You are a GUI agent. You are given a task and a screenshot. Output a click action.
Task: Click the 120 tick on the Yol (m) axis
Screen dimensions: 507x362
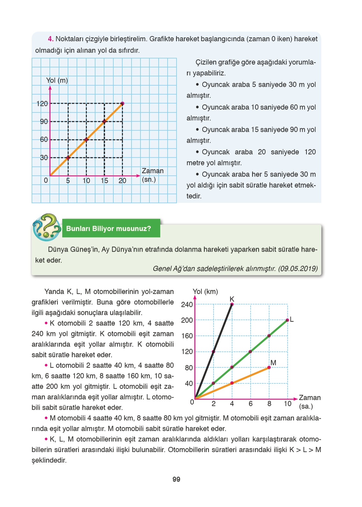[x=42, y=103]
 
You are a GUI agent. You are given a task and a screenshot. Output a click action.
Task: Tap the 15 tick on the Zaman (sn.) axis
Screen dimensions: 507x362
[x=104, y=181]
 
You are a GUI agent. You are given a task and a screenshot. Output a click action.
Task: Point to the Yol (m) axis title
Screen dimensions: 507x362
[x=57, y=80]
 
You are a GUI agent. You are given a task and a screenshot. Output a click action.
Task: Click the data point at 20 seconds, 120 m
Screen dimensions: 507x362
[x=123, y=103]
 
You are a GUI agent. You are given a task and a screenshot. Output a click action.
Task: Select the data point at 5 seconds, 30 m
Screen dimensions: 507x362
[x=68, y=157]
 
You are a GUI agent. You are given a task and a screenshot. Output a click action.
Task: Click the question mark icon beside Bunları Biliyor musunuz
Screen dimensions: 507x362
[x=47, y=227]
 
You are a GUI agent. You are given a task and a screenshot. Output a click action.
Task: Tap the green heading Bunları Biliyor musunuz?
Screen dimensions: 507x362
[x=109, y=229]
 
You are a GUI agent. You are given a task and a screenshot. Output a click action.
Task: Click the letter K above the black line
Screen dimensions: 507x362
[x=232, y=299]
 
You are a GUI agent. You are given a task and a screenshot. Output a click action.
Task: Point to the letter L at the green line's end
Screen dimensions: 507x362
[x=291, y=320]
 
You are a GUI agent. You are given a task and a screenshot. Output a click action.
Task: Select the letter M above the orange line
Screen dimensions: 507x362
[x=273, y=363]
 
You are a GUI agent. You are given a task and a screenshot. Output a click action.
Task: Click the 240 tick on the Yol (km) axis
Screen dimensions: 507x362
[x=187, y=305]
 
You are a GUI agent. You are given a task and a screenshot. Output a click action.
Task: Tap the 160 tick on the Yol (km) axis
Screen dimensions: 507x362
[x=187, y=336]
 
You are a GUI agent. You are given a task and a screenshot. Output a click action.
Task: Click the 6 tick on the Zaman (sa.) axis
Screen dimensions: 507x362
[x=251, y=404]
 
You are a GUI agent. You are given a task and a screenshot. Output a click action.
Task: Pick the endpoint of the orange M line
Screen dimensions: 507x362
[x=269, y=367]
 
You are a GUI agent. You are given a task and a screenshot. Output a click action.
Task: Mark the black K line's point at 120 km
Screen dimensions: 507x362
[x=214, y=352]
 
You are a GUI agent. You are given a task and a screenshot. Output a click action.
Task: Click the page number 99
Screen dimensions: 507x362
[x=176, y=479]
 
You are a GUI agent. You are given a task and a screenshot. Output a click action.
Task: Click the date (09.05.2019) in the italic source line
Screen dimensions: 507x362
[x=298, y=269]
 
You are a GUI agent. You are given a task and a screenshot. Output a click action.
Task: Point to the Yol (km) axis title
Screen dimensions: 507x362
[x=205, y=291]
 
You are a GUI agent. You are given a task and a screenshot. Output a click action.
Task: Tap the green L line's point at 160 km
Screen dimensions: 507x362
[x=269, y=336]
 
